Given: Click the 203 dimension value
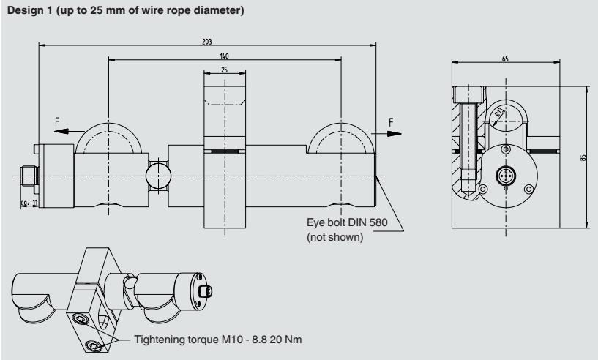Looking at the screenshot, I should (207, 42).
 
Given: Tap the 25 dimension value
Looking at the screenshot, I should (224, 70).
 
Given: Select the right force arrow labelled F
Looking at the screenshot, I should (393, 133).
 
